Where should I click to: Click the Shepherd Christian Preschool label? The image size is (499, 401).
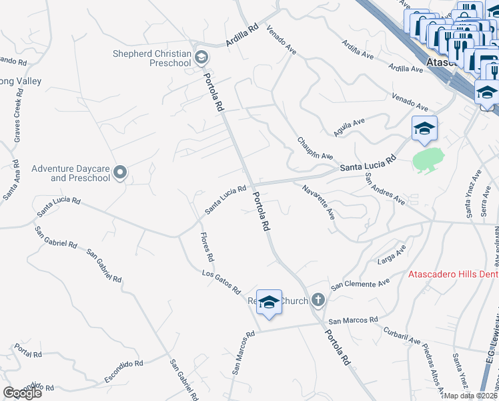tap(151, 58)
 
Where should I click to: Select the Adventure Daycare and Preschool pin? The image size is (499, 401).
tap(120, 173)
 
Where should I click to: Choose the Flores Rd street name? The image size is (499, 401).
tap(207, 247)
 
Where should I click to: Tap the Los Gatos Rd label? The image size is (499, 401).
tap(221, 282)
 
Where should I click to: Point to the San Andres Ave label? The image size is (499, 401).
tap(384, 189)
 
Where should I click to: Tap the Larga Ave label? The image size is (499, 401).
tap(392, 255)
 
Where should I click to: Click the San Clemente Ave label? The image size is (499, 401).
tap(360, 283)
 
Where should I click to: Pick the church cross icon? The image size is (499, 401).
tap(318, 300)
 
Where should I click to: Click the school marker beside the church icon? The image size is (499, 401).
tap(269, 302)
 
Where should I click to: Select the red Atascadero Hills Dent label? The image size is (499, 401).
tap(453, 275)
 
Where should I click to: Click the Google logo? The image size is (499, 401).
tap(22, 392)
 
